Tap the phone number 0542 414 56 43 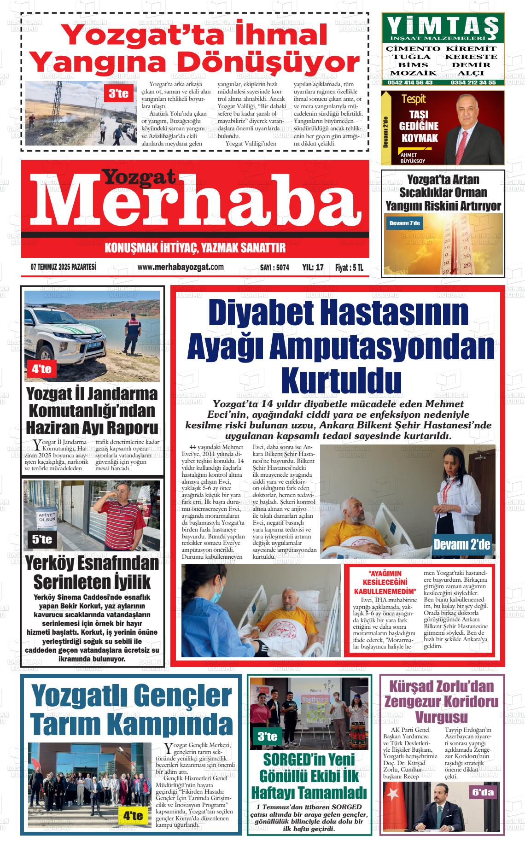click(409, 82)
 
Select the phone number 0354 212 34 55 click(473, 82)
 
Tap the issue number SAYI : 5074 click(274, 267)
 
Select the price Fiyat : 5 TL click(349, 267)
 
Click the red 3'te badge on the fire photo click(118, 94)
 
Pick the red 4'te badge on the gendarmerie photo click(41, 368)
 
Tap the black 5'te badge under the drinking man click(42, 539)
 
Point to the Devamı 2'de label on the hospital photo click(462, 545)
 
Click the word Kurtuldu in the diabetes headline click(341, 380)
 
